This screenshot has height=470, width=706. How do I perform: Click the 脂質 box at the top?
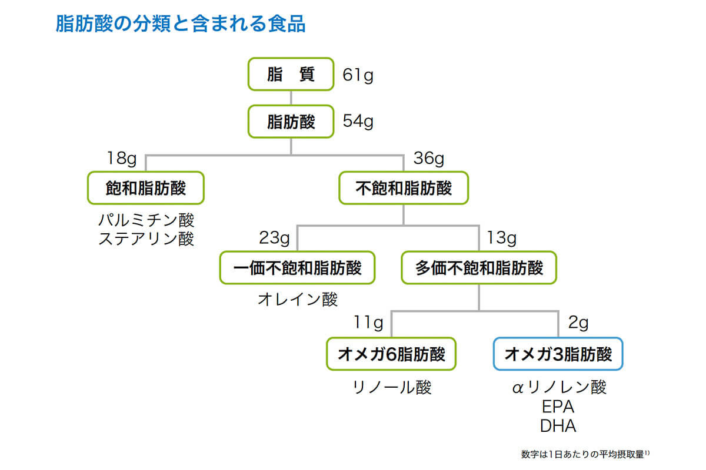[291, 75]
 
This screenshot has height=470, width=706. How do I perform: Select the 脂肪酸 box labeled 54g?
[291, 122]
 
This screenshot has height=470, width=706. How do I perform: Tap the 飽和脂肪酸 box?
[145, 188]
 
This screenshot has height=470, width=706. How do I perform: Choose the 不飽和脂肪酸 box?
[404, 188]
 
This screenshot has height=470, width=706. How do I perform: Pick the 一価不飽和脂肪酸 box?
[297, 268]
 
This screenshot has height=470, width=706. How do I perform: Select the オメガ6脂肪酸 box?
[391, 354]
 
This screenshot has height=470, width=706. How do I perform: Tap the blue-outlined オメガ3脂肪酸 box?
[558, 354]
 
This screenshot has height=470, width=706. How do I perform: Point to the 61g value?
[358, 75]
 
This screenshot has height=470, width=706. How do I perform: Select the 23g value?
[274, 239]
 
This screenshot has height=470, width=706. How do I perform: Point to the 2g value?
[578, 323]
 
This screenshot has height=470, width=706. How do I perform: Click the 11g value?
[368, 323]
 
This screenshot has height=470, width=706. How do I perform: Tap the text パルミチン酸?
[146, 221]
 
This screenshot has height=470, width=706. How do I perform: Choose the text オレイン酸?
[298, 299]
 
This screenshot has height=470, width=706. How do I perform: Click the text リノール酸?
[392, 387]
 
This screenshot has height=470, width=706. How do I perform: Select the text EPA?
[558, 407]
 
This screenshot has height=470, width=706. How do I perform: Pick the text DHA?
[558, 426]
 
